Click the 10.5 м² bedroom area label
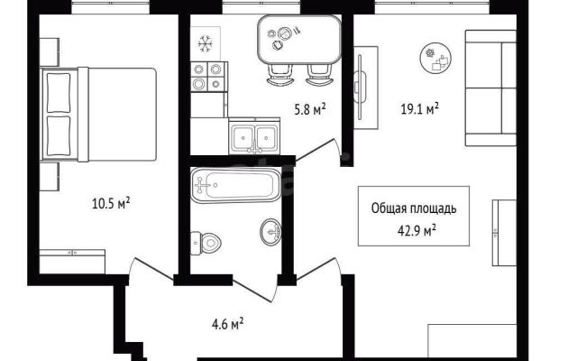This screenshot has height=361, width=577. click(x=111, y=203)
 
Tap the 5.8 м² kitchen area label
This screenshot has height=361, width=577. click(x=310, y=109)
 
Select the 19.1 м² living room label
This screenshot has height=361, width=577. click(x=419, y=109)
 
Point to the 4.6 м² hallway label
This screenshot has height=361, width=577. click(x=227, y=325)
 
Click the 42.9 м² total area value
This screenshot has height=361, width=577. click(x=417, y=231)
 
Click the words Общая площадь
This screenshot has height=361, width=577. click(x=414, y=208)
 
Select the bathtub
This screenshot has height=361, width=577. click(x=236, y=185)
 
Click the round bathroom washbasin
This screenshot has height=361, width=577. click(x=270, y=232)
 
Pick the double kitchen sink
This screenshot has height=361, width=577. click(x=254, y=136)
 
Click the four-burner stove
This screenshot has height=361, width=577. click(x=208, y=77)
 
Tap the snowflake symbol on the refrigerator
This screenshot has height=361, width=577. click(x=206, y=43)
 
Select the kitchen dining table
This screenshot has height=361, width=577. click(x=299, y=40)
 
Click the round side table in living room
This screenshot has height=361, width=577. click(x=435, y=58)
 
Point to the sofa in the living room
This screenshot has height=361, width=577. click(x=490, y=88)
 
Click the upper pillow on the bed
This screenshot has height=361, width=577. click(x=59, y=93)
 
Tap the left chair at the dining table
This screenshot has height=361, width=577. click(x=280, y=76)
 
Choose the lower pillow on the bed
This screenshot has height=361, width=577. click(x=59, y=136)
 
